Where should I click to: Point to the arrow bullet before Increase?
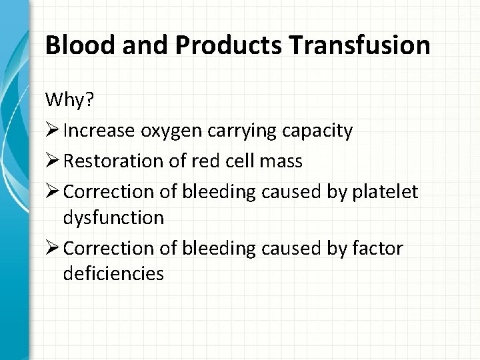point(53,131)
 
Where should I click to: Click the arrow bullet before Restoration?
point(53,160)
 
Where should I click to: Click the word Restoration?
point(116,161)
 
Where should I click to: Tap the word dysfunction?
point(114,218)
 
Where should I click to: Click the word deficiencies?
point(114,275)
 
